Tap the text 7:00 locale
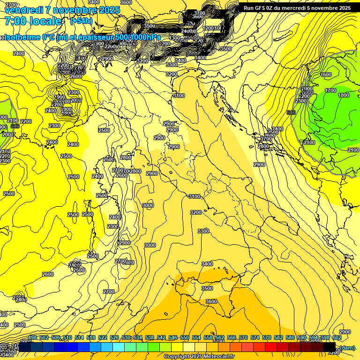click(x=33, y=21)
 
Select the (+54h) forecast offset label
click(x=81, y=21)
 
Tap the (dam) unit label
click(x=347, y=347)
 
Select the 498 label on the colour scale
click(x=32, y=338)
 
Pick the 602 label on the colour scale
click(x=337, y=338)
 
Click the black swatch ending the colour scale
click(x=330, y=347)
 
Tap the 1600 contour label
click(x=326, y=75)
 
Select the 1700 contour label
click(x=330, y=90)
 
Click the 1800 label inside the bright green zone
click(x=344, y=95)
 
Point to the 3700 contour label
click(x=200, y=13)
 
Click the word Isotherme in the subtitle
click(x=23, y=37)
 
